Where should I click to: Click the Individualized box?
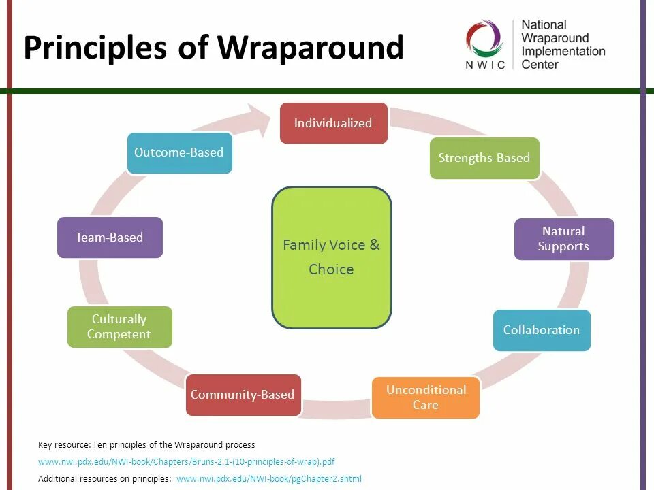pos(333,123)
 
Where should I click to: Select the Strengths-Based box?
pos(484,158)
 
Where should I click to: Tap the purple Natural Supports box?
pos(563,239)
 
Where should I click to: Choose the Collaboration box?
pos(541,330)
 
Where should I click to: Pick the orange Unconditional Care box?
pos(425,397)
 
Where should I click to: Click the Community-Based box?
pos(243,395)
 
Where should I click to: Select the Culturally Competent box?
pos(119,327)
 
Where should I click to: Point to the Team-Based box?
pos(110,238)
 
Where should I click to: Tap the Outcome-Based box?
pos(178,152)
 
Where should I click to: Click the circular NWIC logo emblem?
pos(484,37)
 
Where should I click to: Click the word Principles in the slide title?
pos(95,48)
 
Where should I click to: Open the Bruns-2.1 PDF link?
pos(186,461)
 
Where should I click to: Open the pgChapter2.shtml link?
pos(268,478)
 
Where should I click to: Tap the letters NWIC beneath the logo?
pos(485,65)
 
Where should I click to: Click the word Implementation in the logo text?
pos(563,51)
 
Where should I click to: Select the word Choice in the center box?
pos(331,269)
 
